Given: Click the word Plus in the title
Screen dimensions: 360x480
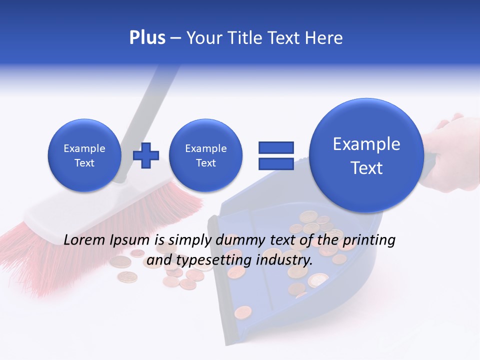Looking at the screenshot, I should [147, 38].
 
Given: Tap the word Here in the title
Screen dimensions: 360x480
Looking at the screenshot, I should [324, 38].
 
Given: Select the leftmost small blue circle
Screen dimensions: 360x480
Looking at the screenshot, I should [84, 155].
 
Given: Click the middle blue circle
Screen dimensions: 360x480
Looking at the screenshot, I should [205, 155].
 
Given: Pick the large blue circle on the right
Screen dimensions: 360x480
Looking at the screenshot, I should [366, 155].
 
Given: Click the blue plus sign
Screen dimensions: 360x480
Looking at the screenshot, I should [146, 155].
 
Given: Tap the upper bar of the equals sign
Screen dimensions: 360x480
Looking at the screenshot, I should [275, 147].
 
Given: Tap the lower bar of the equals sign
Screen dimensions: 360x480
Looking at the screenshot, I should [275, 163].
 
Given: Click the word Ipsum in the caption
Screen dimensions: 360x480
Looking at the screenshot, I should [130, 240].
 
